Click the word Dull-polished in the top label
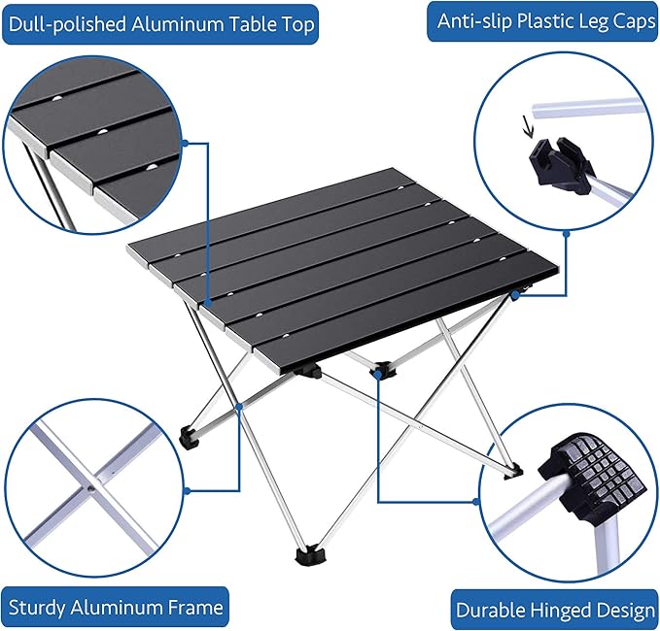point(67,24)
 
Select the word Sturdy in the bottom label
point(37,608)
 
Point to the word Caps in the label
point(635,21)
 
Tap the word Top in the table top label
point(298,25)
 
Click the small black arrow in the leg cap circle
point(527,126)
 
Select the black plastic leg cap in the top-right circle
point(561,166)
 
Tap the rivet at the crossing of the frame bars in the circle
point(90,489)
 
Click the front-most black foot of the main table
point(311,555)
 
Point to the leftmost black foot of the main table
point(191,437)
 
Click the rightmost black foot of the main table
point(514,471)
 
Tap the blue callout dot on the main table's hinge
point(378,372)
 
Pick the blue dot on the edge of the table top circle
point(185,144)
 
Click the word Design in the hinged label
point(632,611)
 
